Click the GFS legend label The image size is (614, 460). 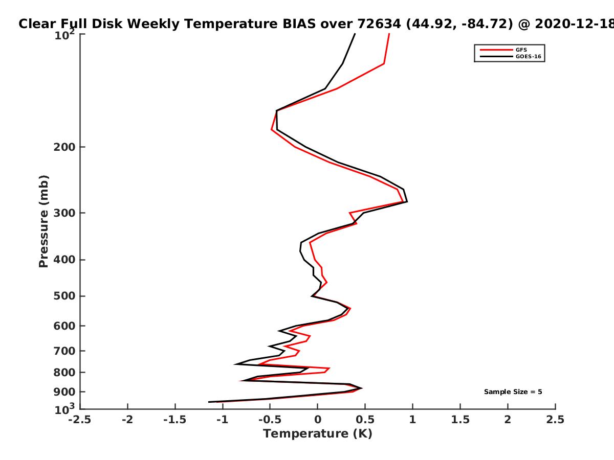coord(521,50)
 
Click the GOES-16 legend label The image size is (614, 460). coord(529,57)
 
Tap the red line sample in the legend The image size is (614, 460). coord(496,50)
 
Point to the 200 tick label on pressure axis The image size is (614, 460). coord(64,147)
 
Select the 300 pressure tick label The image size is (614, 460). coord(64,213)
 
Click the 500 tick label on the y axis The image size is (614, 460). coord(64,296)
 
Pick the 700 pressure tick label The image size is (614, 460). coord(64,351)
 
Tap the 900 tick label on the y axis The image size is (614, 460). coord(64,392)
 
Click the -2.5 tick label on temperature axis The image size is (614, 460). coord(80,420)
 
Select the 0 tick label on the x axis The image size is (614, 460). coord(318,420)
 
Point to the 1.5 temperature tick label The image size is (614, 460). coord(461,420)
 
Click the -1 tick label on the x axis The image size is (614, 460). coord(223,420)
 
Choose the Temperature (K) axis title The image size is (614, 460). coord(318,434)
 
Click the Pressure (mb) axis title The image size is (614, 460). coord(43,221)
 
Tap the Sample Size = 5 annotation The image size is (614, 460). coord(513,392)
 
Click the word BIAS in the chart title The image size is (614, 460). coord(299,24)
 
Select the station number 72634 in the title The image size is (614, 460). coord(379,24)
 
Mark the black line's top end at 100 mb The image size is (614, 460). coord(355,34)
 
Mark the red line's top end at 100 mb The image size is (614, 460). coord(389,34)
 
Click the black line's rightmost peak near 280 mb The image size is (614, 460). coord(407,201)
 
